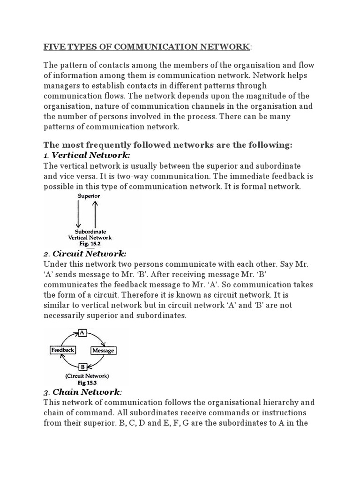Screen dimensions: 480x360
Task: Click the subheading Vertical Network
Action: point(90,155)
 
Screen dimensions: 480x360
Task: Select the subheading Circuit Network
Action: point(89,254)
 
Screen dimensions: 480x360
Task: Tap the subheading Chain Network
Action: point(87,391)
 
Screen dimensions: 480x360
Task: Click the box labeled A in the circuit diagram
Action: point(83,333)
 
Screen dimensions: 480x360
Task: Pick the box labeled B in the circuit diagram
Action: point(82,367)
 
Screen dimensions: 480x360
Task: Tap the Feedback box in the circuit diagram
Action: point(62,350)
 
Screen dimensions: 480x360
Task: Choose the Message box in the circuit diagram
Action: point(103,351)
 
